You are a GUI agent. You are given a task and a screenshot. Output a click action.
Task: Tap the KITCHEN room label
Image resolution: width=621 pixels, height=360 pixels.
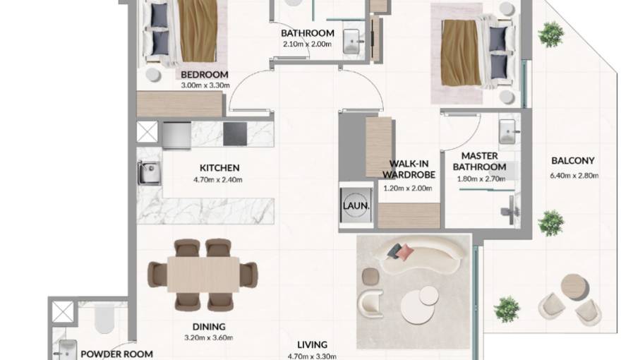(219, 168)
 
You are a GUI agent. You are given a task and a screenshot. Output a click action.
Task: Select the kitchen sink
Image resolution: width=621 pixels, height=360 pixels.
(149, 172)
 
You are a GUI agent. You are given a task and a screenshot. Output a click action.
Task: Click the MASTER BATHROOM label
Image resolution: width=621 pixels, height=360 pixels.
(479, 162)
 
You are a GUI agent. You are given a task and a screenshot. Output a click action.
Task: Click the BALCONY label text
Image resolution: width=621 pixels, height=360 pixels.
(572, 161)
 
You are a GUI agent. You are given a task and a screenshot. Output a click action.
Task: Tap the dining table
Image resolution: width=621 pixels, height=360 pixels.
(203, 274)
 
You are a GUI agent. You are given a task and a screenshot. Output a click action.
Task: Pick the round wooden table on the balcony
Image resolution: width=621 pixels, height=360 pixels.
(573, 286)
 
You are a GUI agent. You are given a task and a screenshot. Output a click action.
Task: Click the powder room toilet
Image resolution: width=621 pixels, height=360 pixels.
(104, 318)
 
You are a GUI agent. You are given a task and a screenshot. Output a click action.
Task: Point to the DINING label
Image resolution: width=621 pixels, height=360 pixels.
(209, 327)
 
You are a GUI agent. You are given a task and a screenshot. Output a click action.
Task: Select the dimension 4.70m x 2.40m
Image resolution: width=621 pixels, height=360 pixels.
(218, 180)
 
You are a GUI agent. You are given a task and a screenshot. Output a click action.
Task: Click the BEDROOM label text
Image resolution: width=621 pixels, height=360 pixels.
(204, 75)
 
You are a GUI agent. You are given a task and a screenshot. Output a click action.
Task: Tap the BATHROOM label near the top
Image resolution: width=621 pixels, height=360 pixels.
(307, 33)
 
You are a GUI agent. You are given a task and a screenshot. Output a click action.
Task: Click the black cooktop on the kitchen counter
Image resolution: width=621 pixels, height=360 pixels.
(235, 133)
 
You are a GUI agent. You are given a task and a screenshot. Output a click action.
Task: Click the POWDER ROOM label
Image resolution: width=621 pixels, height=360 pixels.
(116, 354)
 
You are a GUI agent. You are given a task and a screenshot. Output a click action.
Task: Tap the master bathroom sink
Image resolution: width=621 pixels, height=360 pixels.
(508, 131)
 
